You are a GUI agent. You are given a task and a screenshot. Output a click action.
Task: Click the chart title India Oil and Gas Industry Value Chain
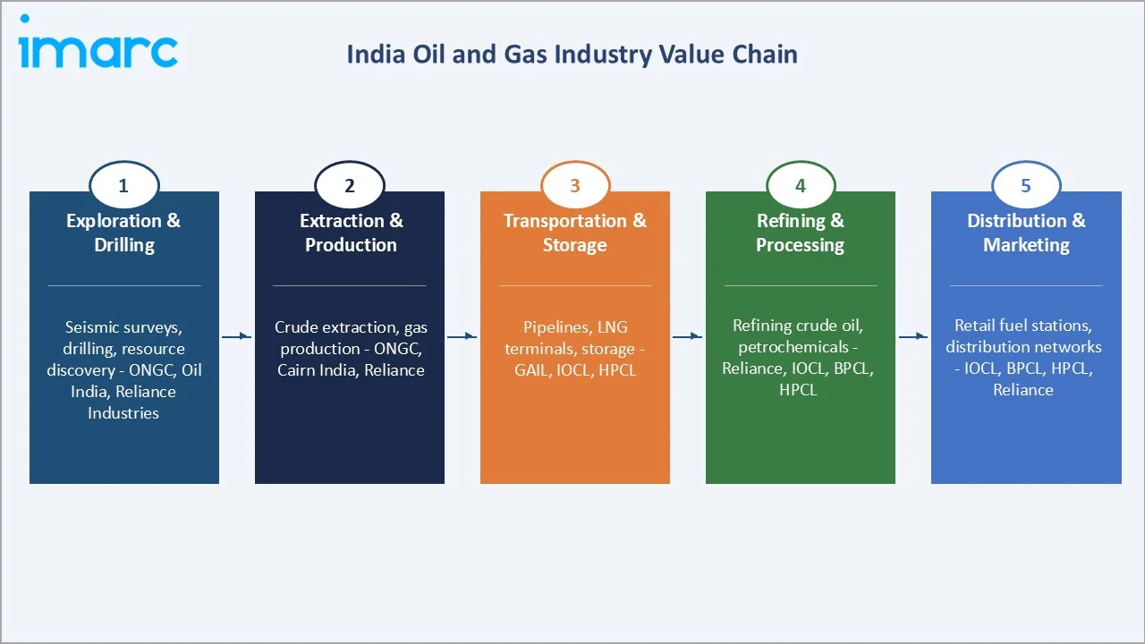pyautogui.click(x=572, y=55)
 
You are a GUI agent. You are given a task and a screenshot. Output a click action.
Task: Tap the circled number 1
pyautogui.click(x=123, y=186)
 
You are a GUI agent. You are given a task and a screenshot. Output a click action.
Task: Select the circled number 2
pyautogui.click(x=350, y=186)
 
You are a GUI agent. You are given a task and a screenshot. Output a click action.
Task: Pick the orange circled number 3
pyautogui.click(x=575, y=186)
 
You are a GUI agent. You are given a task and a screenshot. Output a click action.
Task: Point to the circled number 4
pyautogui.click(x=801, y=186)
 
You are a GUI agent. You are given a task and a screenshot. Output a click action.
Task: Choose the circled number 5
pyautogui.click(x=1026, y=186)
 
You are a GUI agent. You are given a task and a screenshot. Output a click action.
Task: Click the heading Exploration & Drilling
pyautogui.click(x=123, y=233)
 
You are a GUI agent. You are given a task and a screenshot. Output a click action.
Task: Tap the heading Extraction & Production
pyautogui.click(x=351, y=233)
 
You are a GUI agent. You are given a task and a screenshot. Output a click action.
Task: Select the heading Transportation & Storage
pyautogui.click(x=574, y=233)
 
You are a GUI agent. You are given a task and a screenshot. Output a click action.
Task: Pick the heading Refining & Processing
pyautogui.click(x=800, y=233)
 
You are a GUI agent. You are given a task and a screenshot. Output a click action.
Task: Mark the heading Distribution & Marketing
pyautogui.click(x=1026, y=233)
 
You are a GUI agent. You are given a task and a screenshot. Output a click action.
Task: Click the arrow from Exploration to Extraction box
pyautogui.click(x=237, y=336)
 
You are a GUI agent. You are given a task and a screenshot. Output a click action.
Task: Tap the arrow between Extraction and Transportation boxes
pyautogui.click(x=462, y=336)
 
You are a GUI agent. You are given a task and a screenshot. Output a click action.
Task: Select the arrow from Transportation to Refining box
pyautogui.click(x=688, y=336)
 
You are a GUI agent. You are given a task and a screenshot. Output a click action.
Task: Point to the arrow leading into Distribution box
pyautogui.click(x=913, y=336)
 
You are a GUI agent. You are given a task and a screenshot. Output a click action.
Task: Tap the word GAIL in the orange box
pyautogui.click(x=531, y=369)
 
